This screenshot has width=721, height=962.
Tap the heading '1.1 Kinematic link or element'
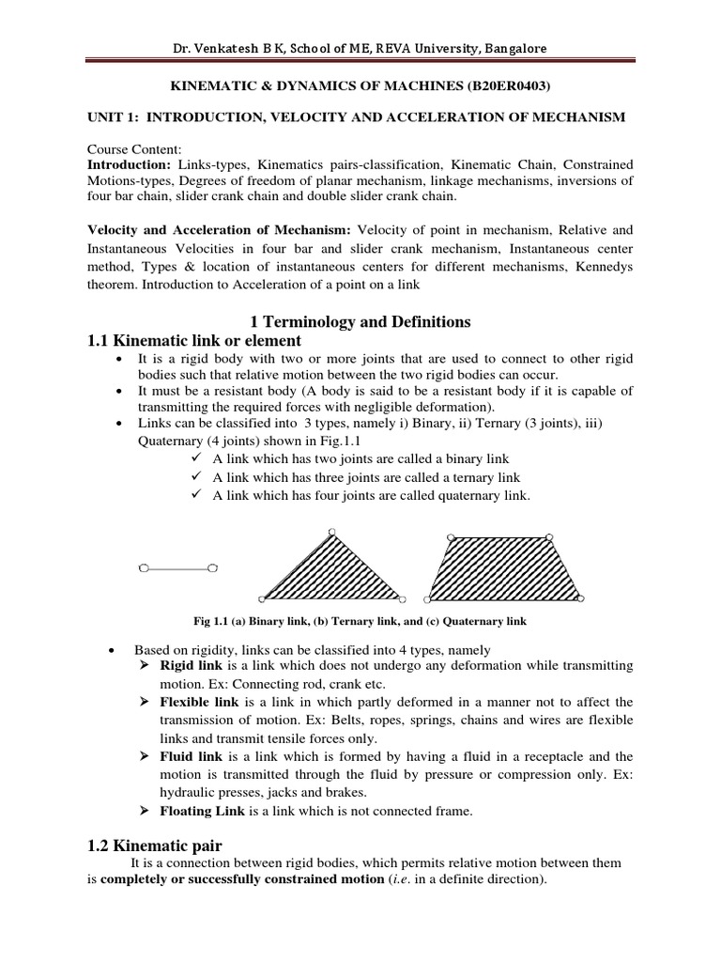point(193,341)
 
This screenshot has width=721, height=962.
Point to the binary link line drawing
point(178,567)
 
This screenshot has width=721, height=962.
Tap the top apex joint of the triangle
point(331,533)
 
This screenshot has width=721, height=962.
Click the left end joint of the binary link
point(143,567)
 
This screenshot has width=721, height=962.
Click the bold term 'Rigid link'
point(188,665)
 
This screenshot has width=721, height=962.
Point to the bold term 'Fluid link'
point(189,756)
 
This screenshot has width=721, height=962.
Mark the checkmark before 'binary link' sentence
point(196,458)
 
